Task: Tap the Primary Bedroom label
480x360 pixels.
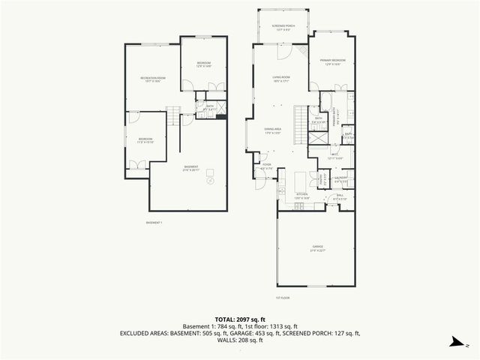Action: [331, 61]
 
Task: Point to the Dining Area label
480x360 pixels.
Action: [272, 131]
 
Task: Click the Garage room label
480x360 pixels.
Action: [317, 247]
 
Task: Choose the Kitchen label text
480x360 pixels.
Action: [301, 196]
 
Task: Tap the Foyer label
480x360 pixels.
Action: [266, 166]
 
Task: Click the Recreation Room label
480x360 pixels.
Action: [152, 79]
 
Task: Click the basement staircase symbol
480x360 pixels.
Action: [173, 117]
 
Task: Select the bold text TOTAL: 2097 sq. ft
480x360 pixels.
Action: [240, 318]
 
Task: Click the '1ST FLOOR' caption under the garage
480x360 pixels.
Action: [282, 298]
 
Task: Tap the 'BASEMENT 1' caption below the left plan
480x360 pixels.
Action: [154, 223]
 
